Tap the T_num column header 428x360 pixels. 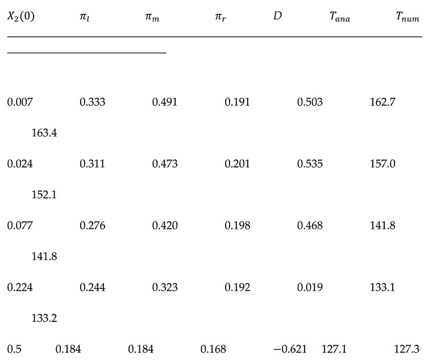(408, 17)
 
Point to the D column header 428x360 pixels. (277, 16)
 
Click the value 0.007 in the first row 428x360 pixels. (20, 103)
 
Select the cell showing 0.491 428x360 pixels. (165, 103)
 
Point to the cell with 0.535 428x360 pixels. (310, 164)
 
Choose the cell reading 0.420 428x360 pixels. (165, 226)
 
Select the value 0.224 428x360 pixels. (20, 287)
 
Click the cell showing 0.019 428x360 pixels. (310, 287)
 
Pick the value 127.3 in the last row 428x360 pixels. (406, 349)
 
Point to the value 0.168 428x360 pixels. (213, 349)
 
